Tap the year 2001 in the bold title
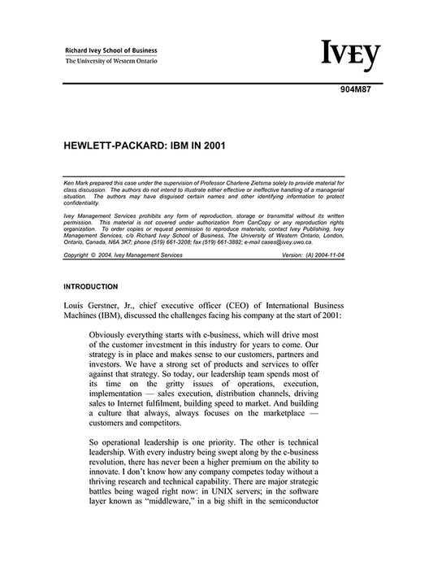212,150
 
